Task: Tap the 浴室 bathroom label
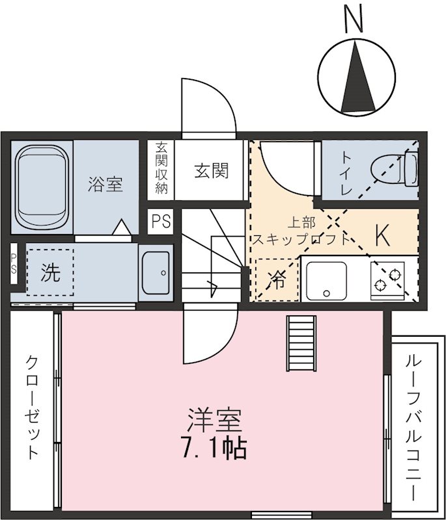(x=105, y=184)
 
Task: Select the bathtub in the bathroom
(x=42, y=186)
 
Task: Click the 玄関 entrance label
(x=211, y=171)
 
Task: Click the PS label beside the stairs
(x=161, y=221)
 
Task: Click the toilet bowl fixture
(x=394, y=169)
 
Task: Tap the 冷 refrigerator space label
(x=276, y=280)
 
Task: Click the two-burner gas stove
(x=387, y=279)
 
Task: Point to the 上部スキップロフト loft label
(x=301, y=232)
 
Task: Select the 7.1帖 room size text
(x=215, y=447)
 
